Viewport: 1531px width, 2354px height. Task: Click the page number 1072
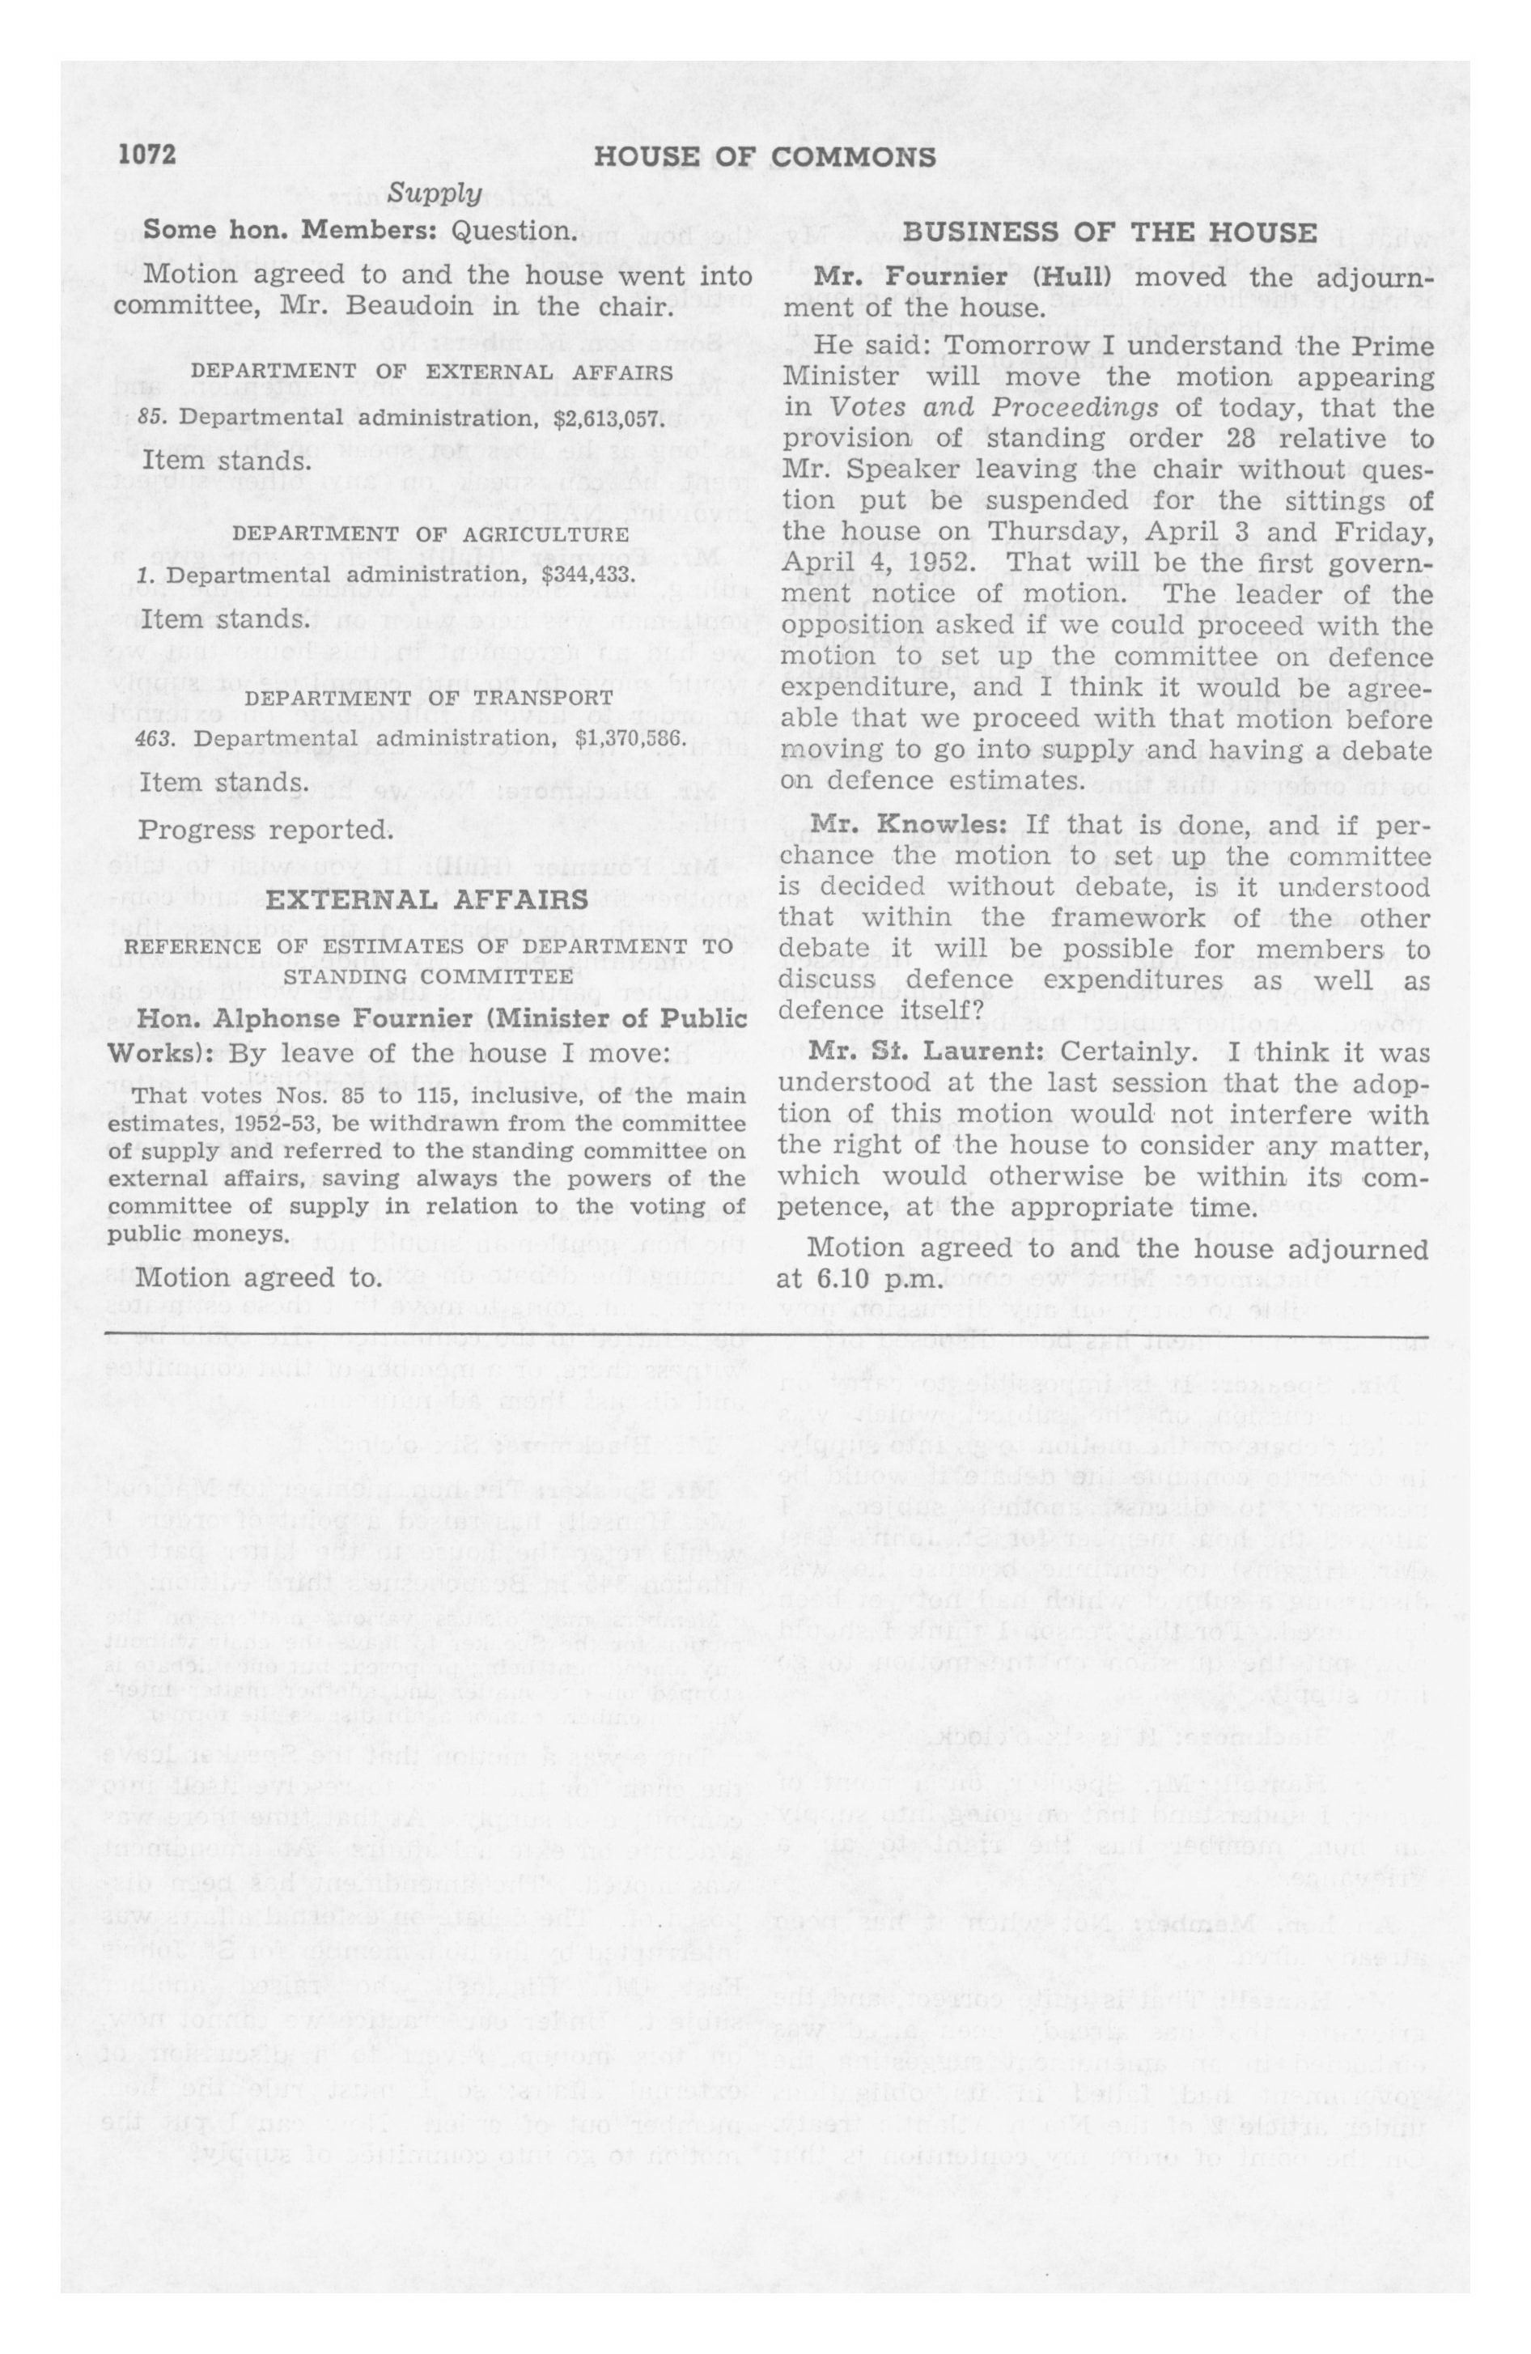[x=146, y=156]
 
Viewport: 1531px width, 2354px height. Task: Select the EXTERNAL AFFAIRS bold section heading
[x=428, y=901]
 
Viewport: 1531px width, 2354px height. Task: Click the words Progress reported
[x=265, y=829]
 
